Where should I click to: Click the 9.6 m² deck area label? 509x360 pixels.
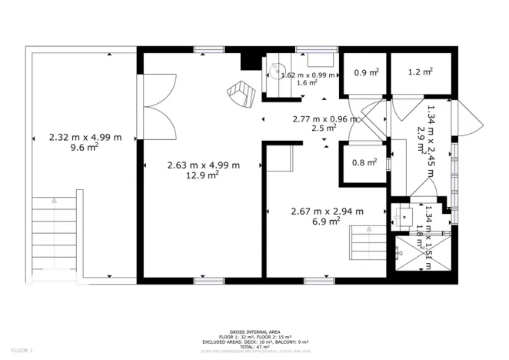(x=85, y=152)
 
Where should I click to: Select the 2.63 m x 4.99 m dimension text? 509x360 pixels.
(x=204, y=165)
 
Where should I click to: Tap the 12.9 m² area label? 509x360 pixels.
(x=204, y=175)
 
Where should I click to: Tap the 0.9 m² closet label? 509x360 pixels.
(x=365, y=73)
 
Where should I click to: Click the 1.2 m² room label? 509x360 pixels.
(x=421, y=73)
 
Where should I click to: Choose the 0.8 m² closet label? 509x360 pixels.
(x=364, y=162)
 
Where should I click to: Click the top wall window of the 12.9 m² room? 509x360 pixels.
(x=204, y=50)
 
